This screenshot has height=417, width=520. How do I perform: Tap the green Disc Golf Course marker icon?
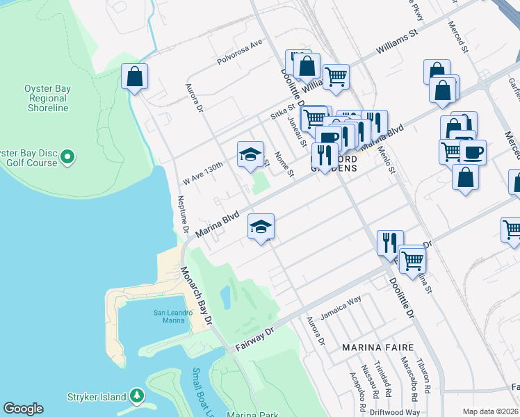(67, 158)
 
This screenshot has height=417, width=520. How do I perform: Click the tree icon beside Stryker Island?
(138, 397)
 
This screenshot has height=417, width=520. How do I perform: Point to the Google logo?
(23, 409)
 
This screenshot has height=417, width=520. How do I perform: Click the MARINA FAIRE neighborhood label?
(377, 347)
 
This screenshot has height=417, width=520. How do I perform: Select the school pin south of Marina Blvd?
(261, 227)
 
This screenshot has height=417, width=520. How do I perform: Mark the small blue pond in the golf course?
(225, 297)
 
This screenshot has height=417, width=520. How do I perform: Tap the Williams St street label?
(399, 42)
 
